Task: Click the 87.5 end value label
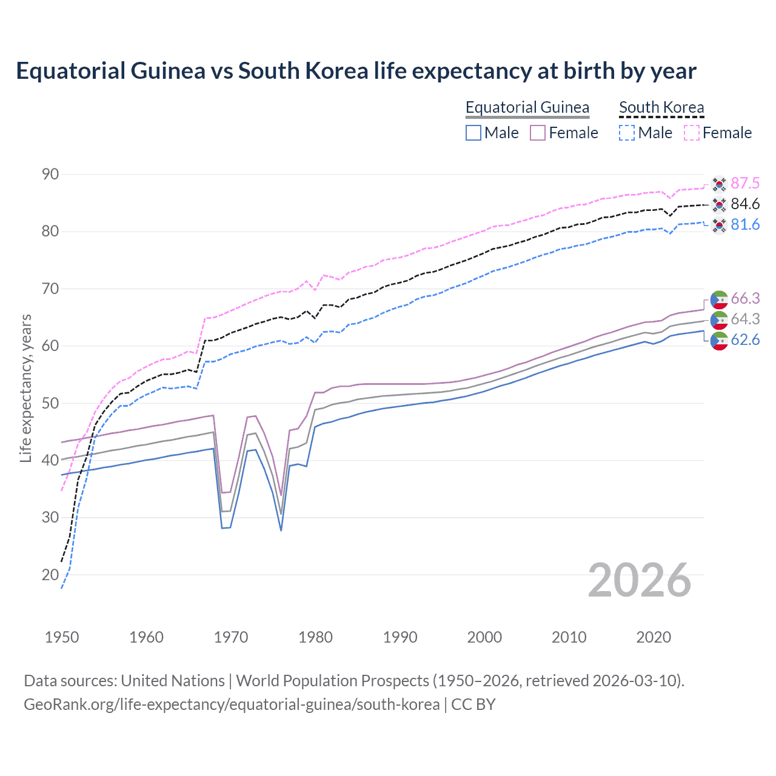(745, 183)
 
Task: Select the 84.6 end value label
(745, 204)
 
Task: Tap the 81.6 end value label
(745, 224)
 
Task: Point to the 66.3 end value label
(745, 298)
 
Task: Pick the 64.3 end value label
(745, 319)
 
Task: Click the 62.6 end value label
(745, 339)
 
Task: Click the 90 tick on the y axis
(50, 174)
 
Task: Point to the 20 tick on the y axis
(50, 575)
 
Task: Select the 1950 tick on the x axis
(62, 637)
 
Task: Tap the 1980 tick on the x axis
(315, 637)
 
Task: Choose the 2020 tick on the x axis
(654, 637)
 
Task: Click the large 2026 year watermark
(640, 580)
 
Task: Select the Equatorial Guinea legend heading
(527, 107)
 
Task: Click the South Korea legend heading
(661, 107)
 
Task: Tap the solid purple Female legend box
(538, 133)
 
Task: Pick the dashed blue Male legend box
(627, 133)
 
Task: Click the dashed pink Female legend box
(692, 133)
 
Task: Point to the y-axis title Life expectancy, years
(25, 388)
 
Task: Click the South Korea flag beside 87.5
(719, 184)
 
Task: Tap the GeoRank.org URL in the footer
(232, 704)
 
